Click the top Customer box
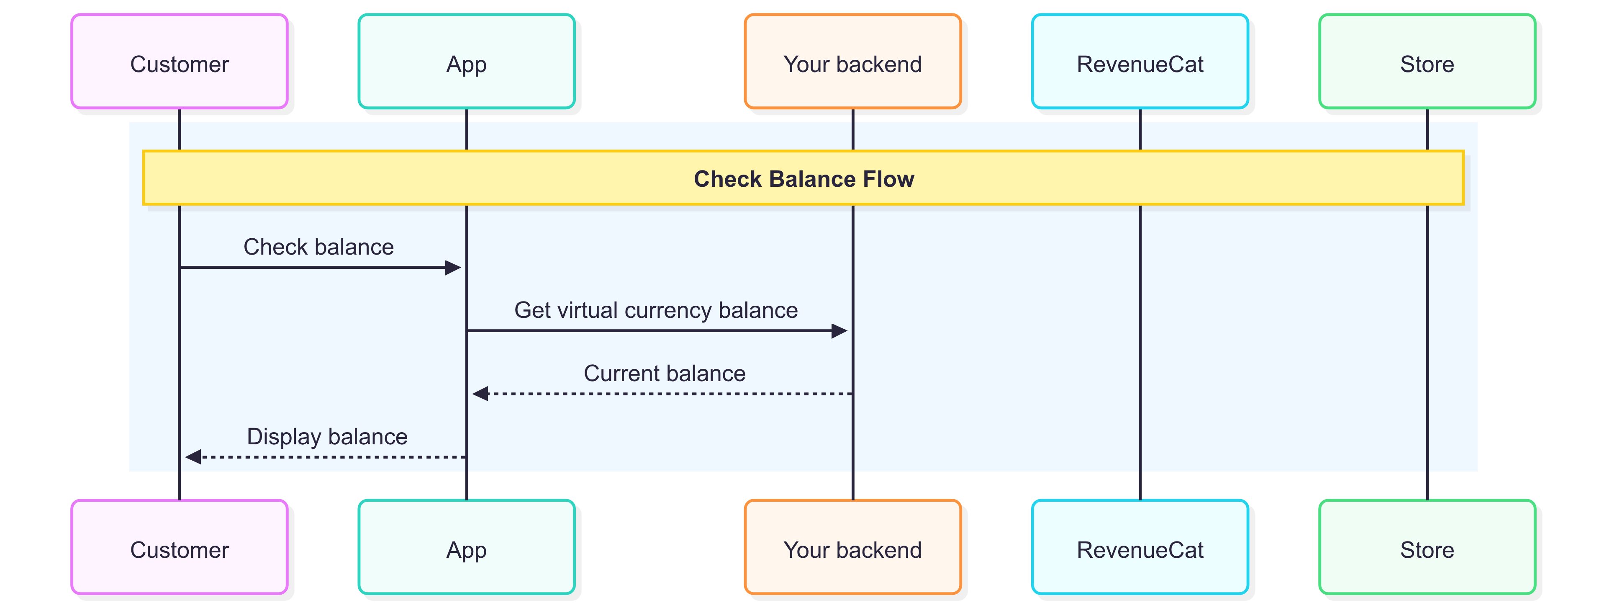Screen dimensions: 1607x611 click(x=180, y=61)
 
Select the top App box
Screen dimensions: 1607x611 click(x=467, y=61)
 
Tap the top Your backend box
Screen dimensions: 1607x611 click(x=853, y=61)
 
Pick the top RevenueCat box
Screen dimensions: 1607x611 click(x=1140, y=61)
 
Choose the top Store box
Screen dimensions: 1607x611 click(x=1427, y=61)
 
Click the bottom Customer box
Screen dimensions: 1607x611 click(x=180, y=547)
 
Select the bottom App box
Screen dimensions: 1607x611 click(x=467, y=547)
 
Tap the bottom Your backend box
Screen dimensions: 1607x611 click(x=853, y=547)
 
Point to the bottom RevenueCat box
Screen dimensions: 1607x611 click(x=1140, y=547)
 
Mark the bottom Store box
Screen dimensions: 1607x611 click(x=1427, y=547)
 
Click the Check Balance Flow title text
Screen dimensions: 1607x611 click(x=803, y=179)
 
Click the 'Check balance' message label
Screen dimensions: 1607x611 click(x=319, y=247)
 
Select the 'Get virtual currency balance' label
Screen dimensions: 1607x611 click(x=656, y=310)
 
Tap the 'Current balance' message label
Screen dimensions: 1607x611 click(x=665, y=373)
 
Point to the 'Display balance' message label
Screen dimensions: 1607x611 click(x=328, y=436)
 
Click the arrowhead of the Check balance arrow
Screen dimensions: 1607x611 click(x=454, y=268)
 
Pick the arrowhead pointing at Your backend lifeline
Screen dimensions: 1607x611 click(x=839, y=331)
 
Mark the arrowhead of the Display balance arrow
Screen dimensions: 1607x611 click(x=193, y=457)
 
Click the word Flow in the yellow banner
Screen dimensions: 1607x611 click(x=888, y=179)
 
